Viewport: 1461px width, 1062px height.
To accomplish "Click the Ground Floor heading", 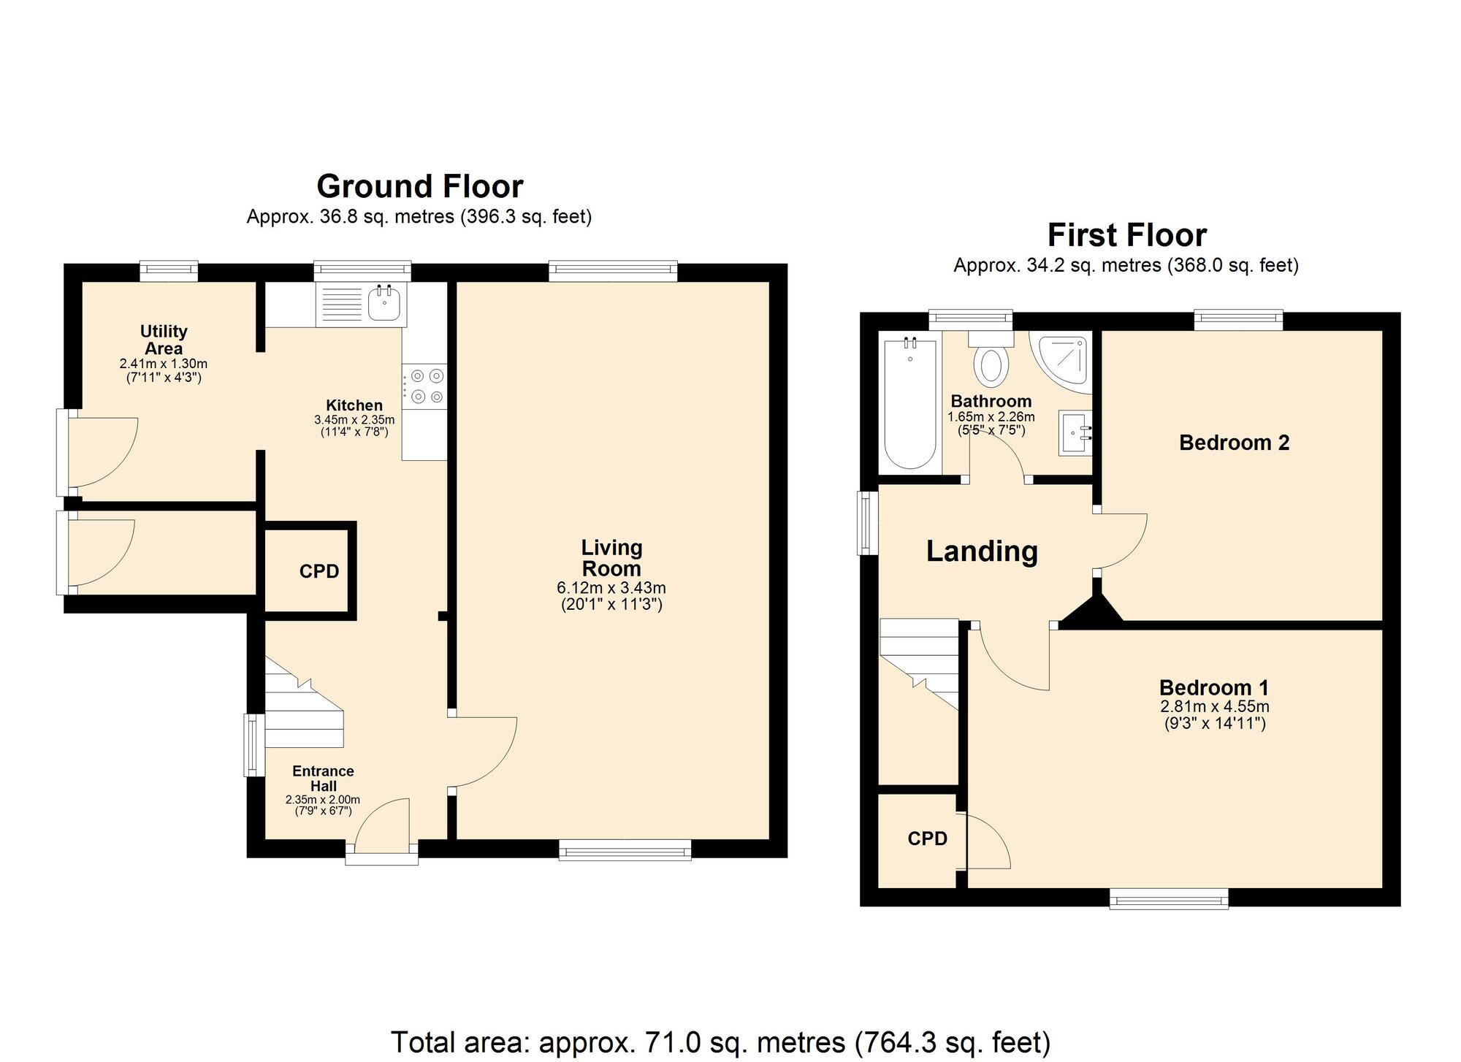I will click(x=419, y=187).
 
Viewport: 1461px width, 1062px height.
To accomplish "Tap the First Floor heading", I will click(x=1126, y=236).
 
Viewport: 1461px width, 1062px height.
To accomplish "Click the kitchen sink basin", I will click(x=384, y=304).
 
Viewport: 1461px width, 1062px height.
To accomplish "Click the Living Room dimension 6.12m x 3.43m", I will click(x=611, y=588).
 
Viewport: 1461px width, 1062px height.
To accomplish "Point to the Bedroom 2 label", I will click(x=1234, y=443).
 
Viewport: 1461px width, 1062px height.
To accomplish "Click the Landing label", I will click(x=981, y=551).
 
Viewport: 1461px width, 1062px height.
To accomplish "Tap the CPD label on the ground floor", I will click(x=319, y=572).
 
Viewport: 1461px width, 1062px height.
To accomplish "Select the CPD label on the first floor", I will click(x=927, y=839).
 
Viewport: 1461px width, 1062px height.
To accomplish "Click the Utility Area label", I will click(x=164, y=340).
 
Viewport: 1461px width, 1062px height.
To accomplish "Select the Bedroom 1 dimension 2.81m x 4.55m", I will click(x=1213, y=707).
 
